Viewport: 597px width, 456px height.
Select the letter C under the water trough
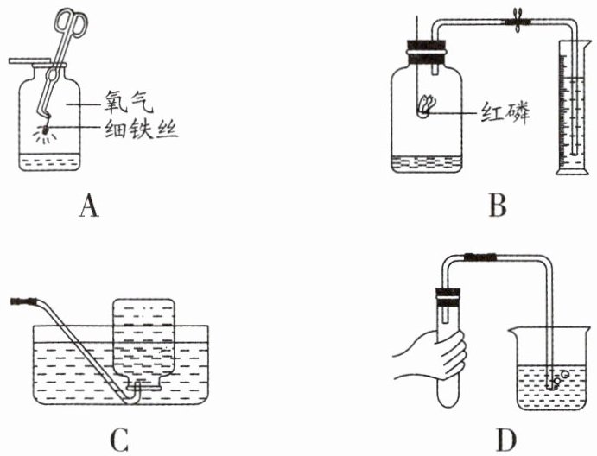point(118,440)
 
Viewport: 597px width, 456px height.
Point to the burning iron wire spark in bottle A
point(41,133)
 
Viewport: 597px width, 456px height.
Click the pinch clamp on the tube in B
point(518,23)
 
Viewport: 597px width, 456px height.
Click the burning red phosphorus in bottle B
point(426,108)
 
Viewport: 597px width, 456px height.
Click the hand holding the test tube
point(433,354)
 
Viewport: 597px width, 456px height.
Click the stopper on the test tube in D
point(448,299)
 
